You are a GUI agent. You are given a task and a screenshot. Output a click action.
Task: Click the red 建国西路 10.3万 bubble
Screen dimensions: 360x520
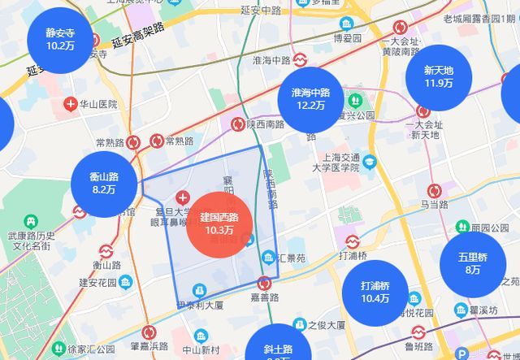220,224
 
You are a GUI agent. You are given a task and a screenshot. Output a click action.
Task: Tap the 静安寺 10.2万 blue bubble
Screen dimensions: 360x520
59,40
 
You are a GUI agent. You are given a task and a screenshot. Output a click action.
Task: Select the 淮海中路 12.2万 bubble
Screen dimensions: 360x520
310,98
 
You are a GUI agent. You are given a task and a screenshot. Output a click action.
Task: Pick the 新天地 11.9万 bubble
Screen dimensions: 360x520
439,76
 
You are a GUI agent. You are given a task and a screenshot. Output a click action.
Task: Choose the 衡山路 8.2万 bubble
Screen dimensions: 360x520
105,183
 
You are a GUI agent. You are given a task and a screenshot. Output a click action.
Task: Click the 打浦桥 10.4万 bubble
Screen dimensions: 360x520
375,293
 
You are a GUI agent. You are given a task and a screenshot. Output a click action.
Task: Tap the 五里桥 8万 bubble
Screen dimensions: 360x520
473,263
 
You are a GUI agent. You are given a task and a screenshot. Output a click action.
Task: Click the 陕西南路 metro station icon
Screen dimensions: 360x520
237,124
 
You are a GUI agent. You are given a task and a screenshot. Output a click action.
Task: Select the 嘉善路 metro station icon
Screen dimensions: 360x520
264,284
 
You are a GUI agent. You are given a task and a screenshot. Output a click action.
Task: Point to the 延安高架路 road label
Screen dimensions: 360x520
138,35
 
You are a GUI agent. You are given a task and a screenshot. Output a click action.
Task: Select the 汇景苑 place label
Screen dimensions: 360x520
289,258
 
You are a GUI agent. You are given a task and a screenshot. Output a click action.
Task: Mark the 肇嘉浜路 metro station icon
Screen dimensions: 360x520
149,332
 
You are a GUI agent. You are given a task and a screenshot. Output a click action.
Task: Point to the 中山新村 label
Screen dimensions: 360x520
199,350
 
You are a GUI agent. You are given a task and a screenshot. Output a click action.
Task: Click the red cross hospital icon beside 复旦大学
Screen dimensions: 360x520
181,198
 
